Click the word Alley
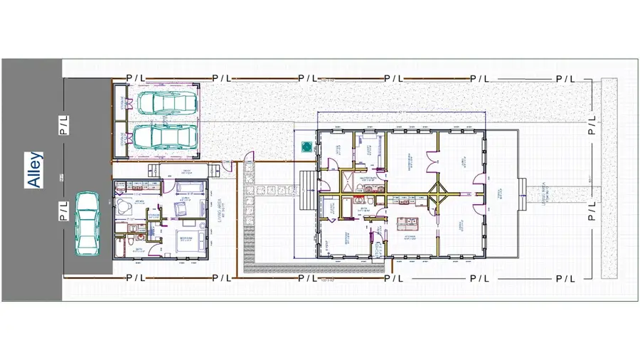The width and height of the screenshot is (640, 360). click(33, 169)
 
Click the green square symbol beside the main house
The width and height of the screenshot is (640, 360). click(306, 147)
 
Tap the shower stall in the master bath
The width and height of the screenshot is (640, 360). click(352, 179)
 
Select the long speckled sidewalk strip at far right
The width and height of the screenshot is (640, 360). click(609, 178)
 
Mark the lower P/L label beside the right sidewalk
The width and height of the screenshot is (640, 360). click(592, 212)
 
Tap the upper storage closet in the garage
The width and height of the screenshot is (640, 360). click(120, 104)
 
